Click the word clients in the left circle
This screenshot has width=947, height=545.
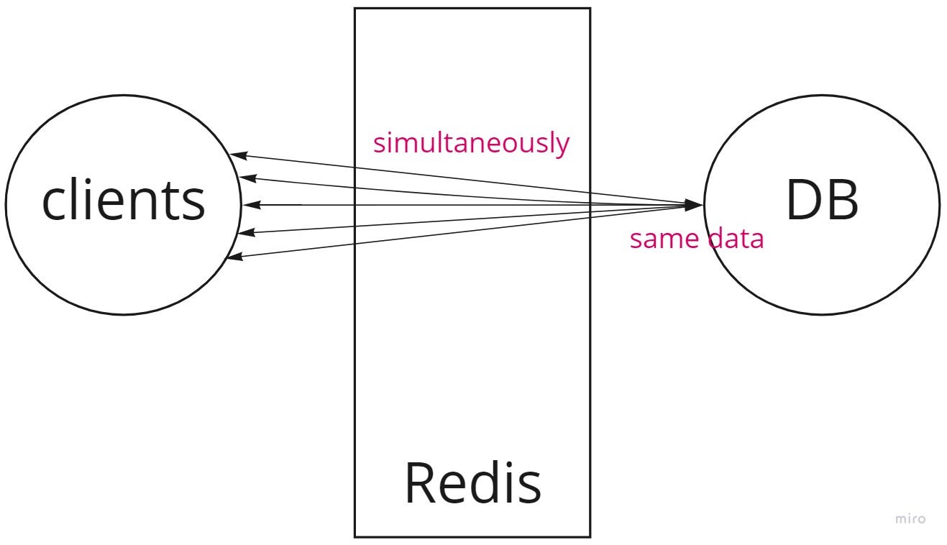click(x=123, y=201)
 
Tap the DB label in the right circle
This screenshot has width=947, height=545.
click(x=821, y=201)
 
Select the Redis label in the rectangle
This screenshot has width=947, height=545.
click(x=472, y=483)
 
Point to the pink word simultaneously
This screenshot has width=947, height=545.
click(x=471, y=143)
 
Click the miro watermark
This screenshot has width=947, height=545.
click(x=910, y=518)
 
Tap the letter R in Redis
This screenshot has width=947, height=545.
click(x=418, y=483)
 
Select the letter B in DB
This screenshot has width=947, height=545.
click(x=842, y=201)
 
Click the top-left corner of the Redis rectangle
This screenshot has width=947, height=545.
click(x=354, y=9)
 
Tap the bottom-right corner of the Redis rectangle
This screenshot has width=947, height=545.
click(x=590, y=536)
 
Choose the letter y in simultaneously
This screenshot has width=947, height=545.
click(x=562, y=146)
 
